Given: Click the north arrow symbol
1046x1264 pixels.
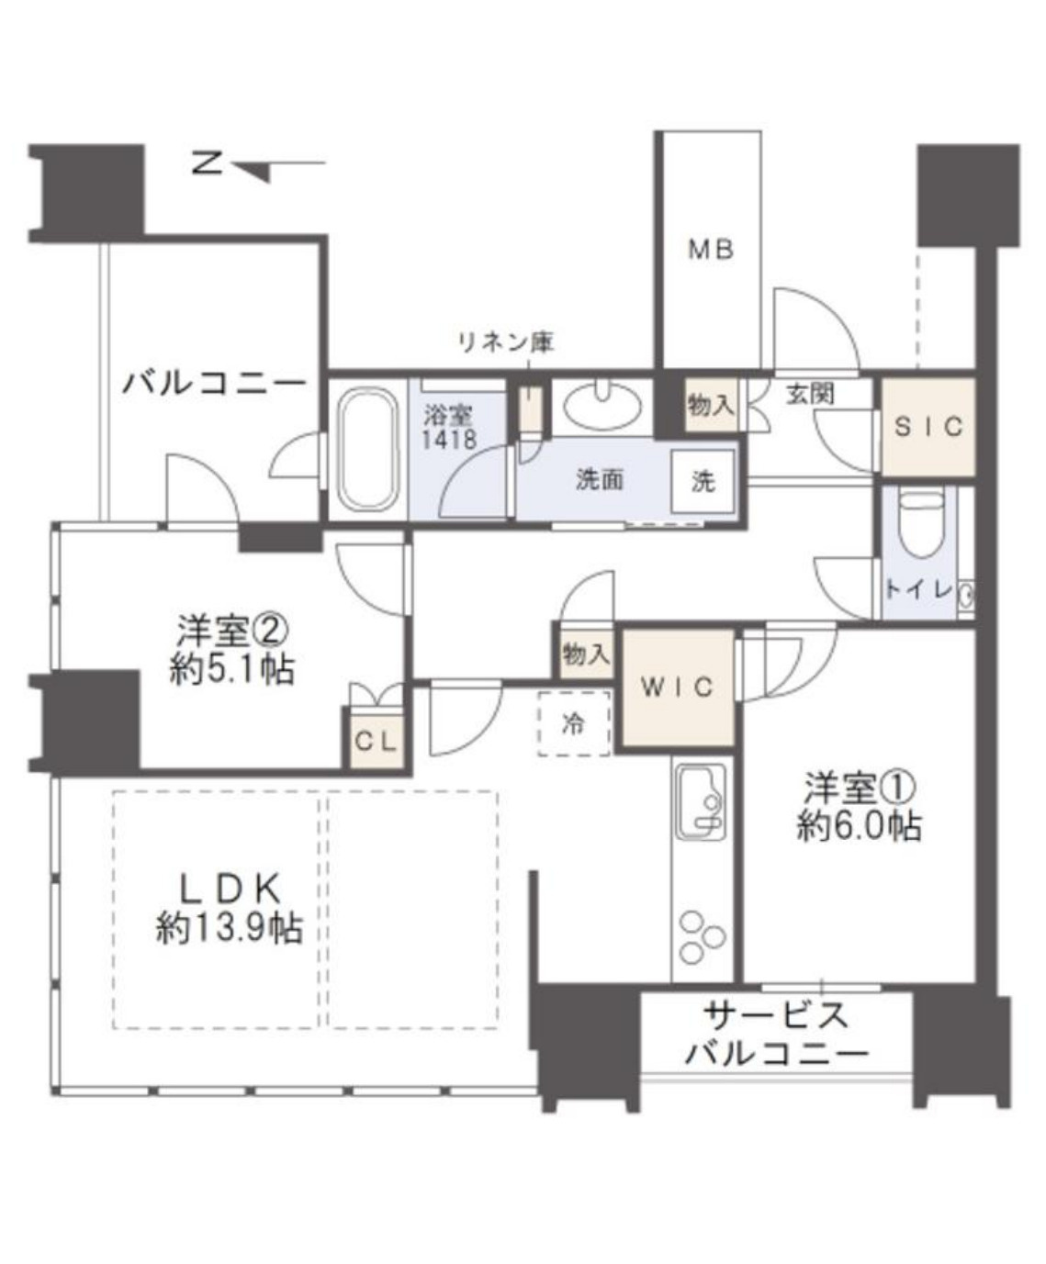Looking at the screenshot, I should (x=253, y=167).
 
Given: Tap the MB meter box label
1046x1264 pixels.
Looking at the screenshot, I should (x=711, y=250).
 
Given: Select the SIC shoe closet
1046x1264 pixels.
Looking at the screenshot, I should (x=928, y=427).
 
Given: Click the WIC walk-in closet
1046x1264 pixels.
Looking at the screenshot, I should (x=678, y=688).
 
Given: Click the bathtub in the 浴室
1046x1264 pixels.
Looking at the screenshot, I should (x=367, y=450).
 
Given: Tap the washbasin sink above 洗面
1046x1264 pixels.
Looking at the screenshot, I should (x=602, y=404).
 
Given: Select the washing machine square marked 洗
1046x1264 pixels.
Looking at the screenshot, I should (x=703, y=481).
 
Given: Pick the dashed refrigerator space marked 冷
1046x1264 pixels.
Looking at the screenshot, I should (x=574, y=724).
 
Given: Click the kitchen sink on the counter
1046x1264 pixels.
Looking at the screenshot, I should (x=701, y=800).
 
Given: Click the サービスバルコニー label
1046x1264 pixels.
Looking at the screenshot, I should (x=776, y=1035).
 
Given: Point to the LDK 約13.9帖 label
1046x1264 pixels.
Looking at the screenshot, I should (x=229, y=909).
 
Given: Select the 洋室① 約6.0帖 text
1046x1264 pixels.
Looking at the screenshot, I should (x=859, y=808).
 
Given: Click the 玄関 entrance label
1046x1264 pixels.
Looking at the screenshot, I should (x=809, y=395).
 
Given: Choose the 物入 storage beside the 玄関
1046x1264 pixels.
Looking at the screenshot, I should (x=712, y=405).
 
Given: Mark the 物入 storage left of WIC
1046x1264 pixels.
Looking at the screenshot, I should (x=585, y=654).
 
